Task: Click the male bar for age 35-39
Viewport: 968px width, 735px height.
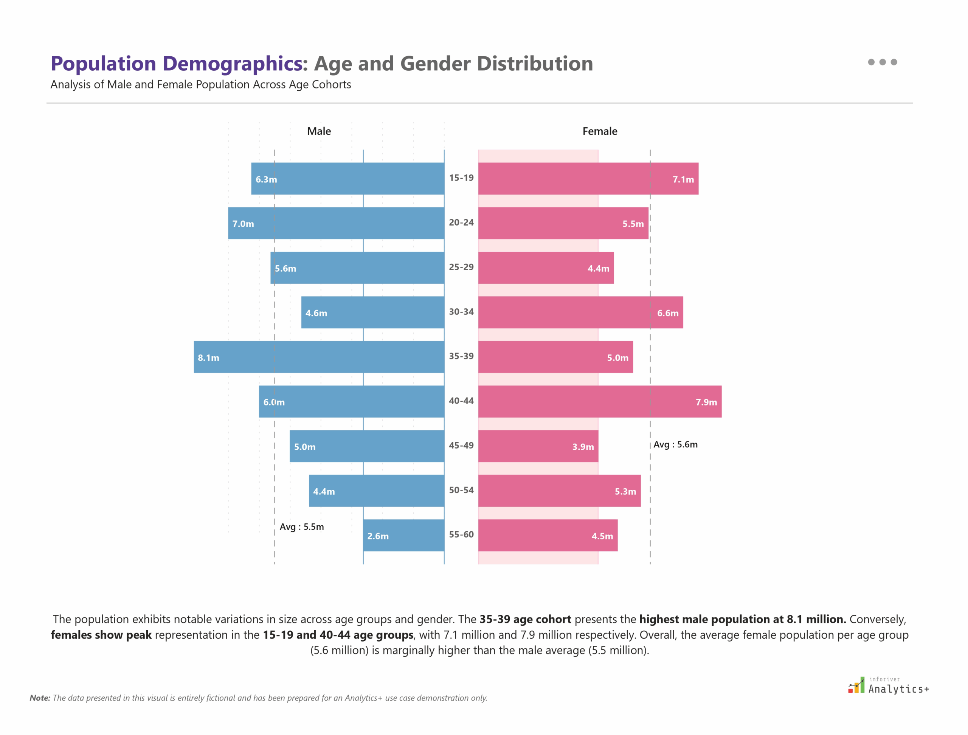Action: point(319,357)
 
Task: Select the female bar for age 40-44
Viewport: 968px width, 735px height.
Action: point(599,402)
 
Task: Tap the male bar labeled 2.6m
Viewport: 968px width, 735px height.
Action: point(403,535)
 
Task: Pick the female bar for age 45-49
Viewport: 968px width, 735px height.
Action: point(538,446)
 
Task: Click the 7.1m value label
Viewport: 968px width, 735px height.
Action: point(683,179)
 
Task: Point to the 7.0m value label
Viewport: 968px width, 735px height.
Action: point(243,224)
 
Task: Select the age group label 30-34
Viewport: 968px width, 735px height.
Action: point(461,312)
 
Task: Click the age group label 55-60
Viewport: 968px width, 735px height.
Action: point(461,535)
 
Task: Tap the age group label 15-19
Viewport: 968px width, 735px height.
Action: point(461,178)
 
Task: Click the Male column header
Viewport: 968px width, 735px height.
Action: point(319,131)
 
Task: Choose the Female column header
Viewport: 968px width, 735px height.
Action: point(599,131)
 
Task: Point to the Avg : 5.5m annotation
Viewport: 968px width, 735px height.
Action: point(302,527)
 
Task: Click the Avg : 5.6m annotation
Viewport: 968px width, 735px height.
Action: point(675,444)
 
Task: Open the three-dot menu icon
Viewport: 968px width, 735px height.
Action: point(882,62)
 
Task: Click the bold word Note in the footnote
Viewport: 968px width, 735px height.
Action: point(39,698)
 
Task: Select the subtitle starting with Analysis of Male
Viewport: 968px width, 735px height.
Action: point(200,84)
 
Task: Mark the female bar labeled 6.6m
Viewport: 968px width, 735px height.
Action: point(580,313)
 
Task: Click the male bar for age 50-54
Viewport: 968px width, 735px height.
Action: point(376,491)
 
